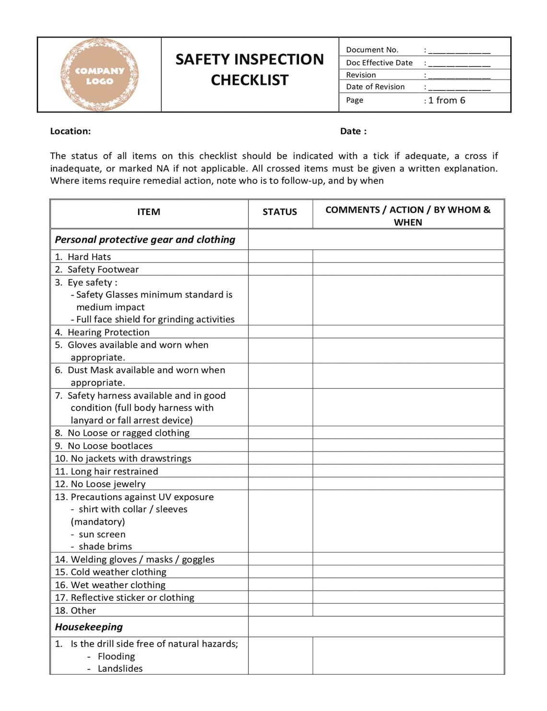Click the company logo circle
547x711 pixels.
99,75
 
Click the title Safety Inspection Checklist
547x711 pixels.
250,70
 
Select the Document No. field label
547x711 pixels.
372,50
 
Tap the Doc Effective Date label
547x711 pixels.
379,63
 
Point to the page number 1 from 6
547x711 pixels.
446,100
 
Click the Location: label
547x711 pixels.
70,131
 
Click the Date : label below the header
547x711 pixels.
353,131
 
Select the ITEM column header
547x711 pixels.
149,212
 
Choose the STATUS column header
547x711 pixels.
280,212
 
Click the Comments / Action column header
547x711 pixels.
408,216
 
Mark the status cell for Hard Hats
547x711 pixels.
280,257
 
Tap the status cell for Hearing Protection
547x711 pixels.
280,332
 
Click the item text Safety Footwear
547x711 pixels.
103,270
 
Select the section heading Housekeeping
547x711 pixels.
89,627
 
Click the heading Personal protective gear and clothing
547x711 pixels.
145,240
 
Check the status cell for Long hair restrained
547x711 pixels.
280,471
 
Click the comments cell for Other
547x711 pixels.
408,610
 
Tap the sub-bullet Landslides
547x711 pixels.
120,669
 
